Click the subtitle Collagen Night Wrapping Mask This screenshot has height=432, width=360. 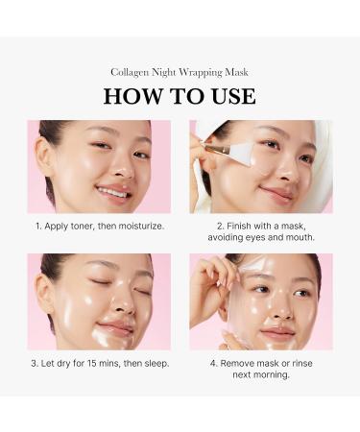pos(180,72)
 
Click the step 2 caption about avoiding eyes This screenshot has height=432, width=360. pos(260,236)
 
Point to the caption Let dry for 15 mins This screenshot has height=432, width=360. pos(99,363)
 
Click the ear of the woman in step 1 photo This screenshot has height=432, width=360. pos(44,153)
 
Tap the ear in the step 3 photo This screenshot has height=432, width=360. pos(45,291)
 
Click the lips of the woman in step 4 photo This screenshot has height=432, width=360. pos(277,331)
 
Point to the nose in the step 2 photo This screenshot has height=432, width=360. pos(279,174)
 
